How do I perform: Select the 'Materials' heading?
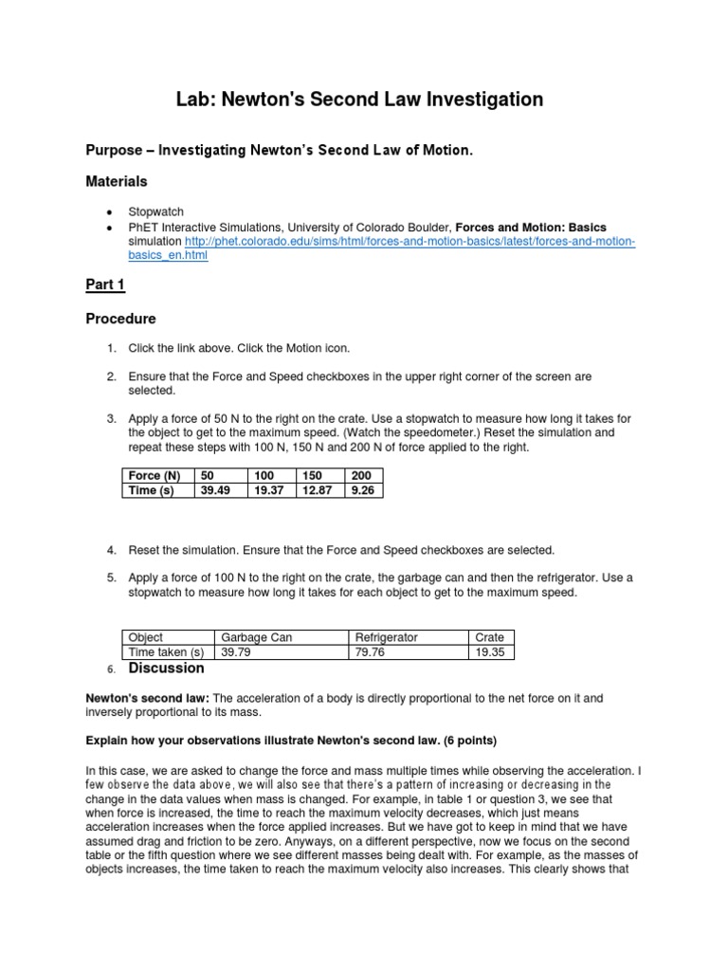(117, 181)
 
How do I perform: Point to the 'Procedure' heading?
(121, 319)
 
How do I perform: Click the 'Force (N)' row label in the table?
(154, 475)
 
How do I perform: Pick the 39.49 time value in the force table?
(216, 490)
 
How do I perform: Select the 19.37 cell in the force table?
(268, 490)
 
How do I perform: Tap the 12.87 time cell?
(319, 490)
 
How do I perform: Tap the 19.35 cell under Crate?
(492, 652)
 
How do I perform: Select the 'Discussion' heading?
(167, 669)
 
